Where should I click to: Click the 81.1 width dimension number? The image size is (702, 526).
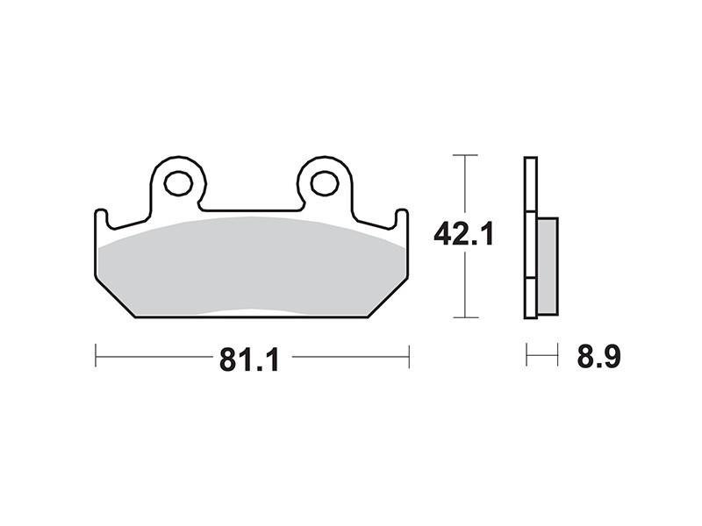(x=249, y=359)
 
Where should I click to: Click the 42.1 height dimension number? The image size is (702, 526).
(x=464, y=234)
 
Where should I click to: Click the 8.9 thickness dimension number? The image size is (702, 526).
(x=598, y=357)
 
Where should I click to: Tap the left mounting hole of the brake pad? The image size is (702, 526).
(x=178, y=183)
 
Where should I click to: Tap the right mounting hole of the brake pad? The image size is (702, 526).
(x=325, y=183)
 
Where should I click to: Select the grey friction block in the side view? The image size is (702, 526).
(x=548, y=267)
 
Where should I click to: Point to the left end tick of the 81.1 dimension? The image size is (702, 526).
(x=96, y=356)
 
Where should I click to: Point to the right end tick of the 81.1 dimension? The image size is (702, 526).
(x=409, y=356)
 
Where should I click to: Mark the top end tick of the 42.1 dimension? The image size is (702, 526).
(x=466, y=155)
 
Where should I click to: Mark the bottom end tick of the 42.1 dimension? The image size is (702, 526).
(x=466, y=317)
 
